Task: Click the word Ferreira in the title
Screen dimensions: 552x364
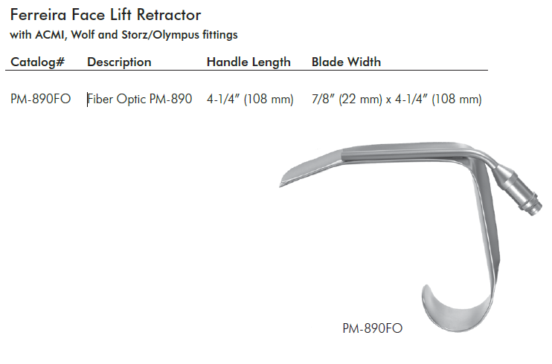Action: click(39, 15)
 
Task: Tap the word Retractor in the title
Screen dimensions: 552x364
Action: click(169, 15)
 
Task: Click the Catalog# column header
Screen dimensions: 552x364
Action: click(38, 62)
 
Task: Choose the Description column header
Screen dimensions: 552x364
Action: click(119, 62)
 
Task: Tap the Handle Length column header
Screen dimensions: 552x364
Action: click(248, 62)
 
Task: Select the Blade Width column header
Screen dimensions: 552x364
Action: click(346, 62)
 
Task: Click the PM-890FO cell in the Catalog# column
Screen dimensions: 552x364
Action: click(40, 100)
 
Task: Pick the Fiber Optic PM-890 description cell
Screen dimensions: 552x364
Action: click(139, 100)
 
